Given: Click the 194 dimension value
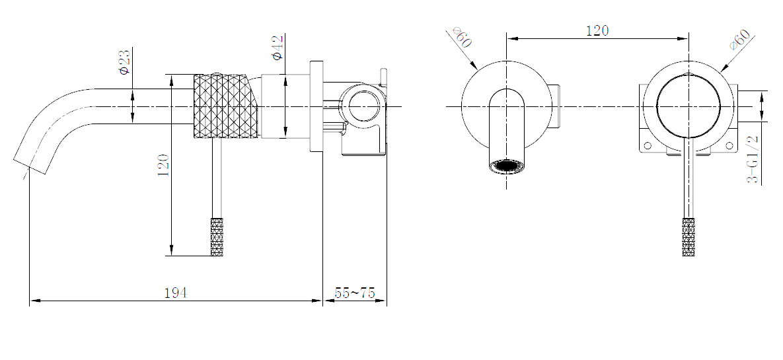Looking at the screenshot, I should tap(175, 293).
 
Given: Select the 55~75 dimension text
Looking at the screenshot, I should tap(354, 293).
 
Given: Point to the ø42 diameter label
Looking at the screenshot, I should tap(277, 48).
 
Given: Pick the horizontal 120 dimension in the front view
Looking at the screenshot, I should tap(597, 30).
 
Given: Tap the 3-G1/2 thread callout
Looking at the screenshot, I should tap(753, 159).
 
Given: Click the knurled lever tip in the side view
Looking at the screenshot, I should tap(217, 236).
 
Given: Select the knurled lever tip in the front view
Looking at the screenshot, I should tap(689, 237).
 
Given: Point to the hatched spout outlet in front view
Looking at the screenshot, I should tap(507, 166).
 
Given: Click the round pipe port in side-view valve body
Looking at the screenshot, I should tap(362, 106).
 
